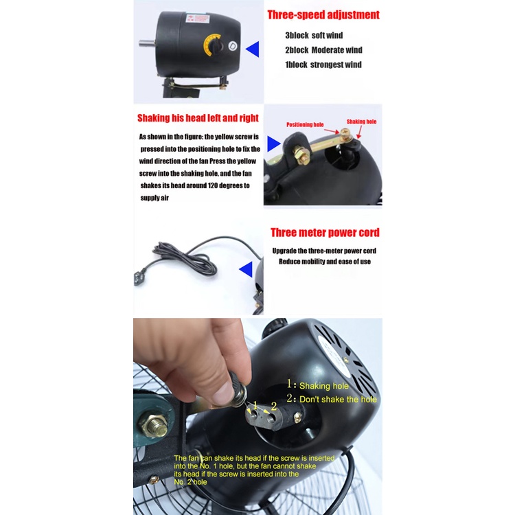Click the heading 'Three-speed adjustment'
(323, 15)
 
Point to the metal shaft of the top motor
(147, 43)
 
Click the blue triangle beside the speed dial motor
(253, 49)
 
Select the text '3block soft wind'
(314, 36)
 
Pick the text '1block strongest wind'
(323, 65)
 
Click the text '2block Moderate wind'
(323, 50)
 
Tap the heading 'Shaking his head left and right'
(198, 118)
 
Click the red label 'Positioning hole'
(305, 124)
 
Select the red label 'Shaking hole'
(361, 122)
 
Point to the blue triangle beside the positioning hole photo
(273, 144)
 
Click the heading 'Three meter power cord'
(325, 233)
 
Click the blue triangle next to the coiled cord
(246, 269)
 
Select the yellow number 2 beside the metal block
(274, 407)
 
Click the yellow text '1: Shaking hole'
(318, 385)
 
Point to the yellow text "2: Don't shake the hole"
(332, 399)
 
